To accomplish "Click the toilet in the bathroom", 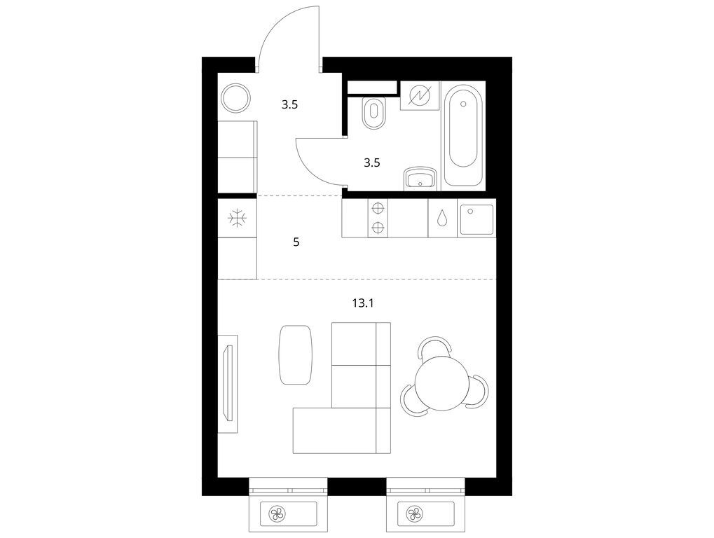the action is pyautogui.click(x=374, y=112).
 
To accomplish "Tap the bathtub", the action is pyautogui.click(x=462, y=134).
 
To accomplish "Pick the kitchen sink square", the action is pyautogui.click(x=476, y=220).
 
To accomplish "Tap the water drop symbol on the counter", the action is pyautogui.click(x=441, y=218).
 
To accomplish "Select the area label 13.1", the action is pyautogui.click(x=363, y=303).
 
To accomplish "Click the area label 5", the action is pyautogui.click(x=296, y=242).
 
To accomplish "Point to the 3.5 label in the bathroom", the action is pyautogui.click(x=372, y=163).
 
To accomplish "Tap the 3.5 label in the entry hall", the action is pyautogui.click(x=289, y=105).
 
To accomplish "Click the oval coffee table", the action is pyautogui.click(x=295, y=354).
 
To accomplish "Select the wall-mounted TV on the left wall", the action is pyautogui.click(x=228, y=383).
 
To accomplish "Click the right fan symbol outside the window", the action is pyautogui.click(x=416, y=514).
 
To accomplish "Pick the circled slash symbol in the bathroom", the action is pyautogui.click(x=420, y=95).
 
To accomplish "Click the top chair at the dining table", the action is pyautogui.click(x=435, y=345).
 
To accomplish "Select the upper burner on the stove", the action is pyautogui.click(x=378, y=209).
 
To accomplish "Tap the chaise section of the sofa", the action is pyautogui.click(x=341, y=431).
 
